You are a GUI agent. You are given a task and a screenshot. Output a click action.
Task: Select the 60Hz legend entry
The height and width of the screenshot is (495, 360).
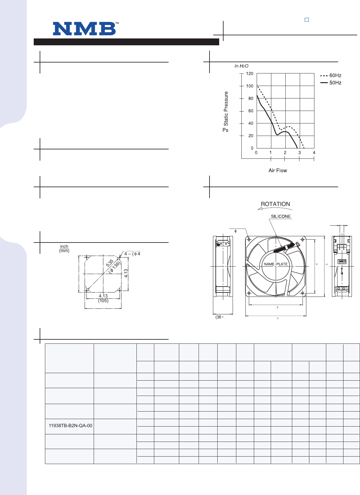coord(331,76)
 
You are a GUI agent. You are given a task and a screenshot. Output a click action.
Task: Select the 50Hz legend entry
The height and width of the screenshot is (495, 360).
coord(331,83)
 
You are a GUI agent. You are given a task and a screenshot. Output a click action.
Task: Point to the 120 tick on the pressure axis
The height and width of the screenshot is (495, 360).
coord(249,74)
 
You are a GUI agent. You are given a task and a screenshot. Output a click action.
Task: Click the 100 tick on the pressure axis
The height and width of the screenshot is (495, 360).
coord(249,86)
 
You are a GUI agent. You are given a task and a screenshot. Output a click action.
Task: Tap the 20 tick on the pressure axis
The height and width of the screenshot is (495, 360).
coord(250,136)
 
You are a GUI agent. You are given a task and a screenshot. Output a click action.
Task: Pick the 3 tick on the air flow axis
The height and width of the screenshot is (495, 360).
coord(299,153)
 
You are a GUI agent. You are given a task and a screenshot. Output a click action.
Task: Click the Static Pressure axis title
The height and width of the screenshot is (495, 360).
coord(226,108)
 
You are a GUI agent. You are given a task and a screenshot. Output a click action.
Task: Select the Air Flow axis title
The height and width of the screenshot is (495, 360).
coord(278,170)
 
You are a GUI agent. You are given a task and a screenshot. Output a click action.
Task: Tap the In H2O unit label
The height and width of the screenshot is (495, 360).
coord(241,66)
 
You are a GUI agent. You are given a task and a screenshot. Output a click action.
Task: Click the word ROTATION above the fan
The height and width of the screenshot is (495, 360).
coord(275,204)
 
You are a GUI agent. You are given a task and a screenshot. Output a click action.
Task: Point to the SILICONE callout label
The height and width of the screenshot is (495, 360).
coord(281,216)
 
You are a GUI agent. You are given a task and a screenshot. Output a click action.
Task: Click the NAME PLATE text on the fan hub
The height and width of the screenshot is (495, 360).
coord(276,264)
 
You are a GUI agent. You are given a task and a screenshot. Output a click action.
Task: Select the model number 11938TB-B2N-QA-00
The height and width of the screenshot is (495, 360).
coord(71,426)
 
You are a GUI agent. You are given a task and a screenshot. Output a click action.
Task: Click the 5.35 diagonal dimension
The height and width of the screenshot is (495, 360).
coord(110,263)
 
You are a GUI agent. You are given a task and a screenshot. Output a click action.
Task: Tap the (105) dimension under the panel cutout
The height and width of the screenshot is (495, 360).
coord(103,301)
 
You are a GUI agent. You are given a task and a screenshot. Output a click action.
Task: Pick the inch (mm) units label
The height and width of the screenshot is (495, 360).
coord(64,248)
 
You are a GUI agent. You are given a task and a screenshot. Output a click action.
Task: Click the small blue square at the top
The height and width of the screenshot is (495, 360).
coord(307,20)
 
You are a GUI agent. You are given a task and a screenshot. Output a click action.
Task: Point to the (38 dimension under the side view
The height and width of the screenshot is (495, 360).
coord(219,317)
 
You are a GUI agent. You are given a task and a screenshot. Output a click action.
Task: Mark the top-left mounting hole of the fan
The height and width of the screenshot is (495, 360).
coord(249,240)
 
